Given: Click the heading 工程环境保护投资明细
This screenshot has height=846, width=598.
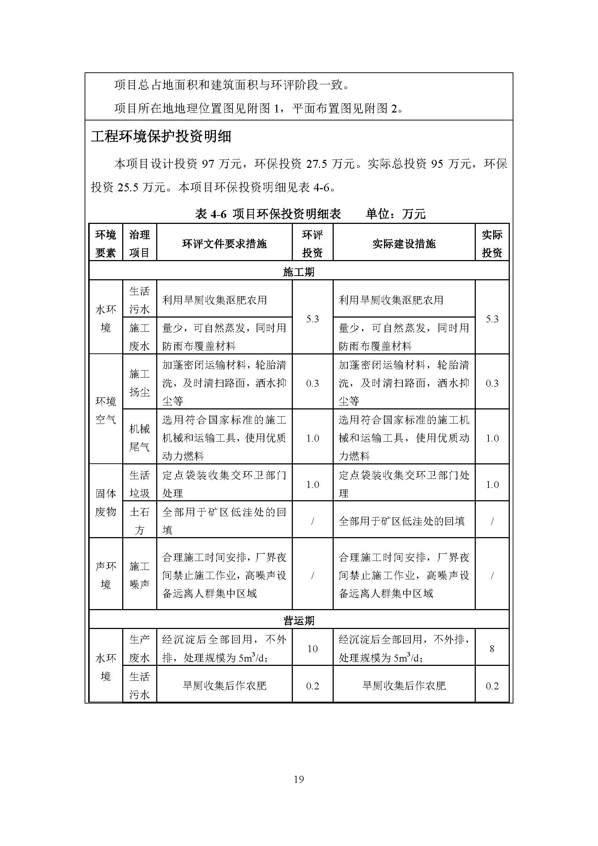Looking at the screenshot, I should click(161, 137).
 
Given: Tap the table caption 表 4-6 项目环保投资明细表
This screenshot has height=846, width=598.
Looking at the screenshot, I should click(268, 214).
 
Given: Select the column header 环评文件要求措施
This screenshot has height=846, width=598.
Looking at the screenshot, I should click(224, 243).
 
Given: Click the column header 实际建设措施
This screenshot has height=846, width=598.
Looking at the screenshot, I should click(404, 243).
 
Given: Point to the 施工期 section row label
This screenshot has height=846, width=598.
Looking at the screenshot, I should click(299, 272).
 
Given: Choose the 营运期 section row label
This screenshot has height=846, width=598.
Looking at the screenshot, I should click(299, 621).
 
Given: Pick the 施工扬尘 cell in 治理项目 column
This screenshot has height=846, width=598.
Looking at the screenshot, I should click(140, 383).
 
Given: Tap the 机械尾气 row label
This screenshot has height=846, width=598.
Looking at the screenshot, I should click(140, 438).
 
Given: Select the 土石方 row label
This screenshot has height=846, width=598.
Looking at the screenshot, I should click(140, 520).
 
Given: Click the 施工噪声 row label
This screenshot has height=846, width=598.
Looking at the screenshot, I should click(140, 575).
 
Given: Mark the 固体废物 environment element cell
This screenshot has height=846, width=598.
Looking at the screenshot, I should click(106, 502).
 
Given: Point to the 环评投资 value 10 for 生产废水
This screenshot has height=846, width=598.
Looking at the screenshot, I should click(312, 649).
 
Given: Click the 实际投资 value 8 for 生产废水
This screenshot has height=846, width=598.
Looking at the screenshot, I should click(492, 649).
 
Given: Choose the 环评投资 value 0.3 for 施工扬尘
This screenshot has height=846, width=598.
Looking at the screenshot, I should click(312, 383).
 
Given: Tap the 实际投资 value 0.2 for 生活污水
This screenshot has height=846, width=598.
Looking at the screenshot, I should click(492, 686).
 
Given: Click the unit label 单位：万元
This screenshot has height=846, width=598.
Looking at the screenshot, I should click(396, 214).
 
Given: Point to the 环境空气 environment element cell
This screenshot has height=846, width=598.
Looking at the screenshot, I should click(106, 410).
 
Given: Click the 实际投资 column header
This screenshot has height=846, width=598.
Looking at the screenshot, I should click(492, 243).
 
